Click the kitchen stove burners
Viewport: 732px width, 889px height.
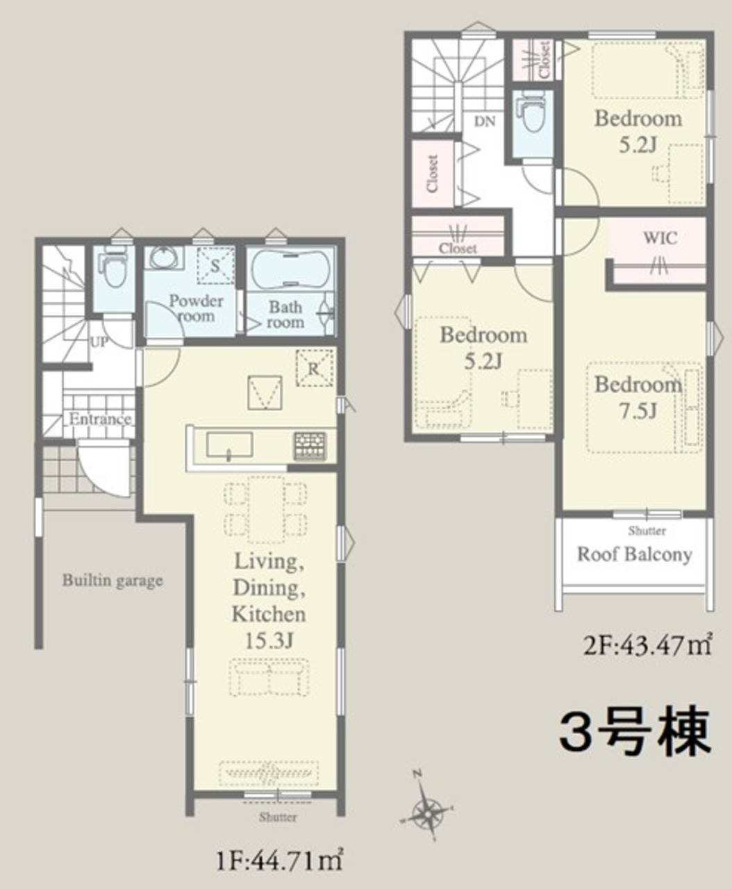(x=310, y=446)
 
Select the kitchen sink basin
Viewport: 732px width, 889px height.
(x=229, y=445)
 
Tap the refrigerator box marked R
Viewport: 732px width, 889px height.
(x=315, y=368)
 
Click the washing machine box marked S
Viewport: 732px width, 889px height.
(x=216, y=266)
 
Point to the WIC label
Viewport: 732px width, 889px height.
(x=660, y=238)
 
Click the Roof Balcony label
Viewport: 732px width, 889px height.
(x=635, y=555)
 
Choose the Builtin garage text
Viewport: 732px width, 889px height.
(x=113, y=581)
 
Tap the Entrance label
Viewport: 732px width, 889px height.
(x=100, y=419)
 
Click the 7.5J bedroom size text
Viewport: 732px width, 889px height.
(x=638, y=412)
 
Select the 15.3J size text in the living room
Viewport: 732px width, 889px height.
(x=269, y=640)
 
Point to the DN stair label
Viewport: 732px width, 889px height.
(x=485, y=122)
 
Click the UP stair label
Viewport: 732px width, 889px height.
(x=99, y=342)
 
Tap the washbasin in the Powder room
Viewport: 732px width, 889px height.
(x=164, y=257)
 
